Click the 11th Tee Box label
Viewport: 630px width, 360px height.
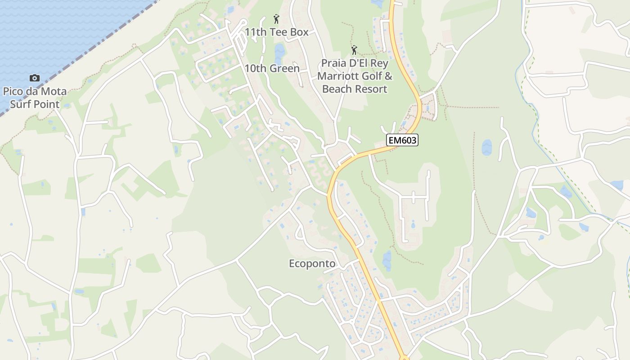tap(276, 32)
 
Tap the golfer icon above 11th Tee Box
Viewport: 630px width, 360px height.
tap(276, 19)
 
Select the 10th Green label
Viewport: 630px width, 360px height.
tap(272, 68)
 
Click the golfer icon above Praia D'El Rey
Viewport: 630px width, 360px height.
tap(354, 50)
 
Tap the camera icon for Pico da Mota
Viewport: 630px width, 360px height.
tap(35, 78)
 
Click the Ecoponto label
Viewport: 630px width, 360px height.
tap(312, 264)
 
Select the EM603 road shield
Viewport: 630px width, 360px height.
tap(402, 140)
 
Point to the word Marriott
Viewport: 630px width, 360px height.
tap(341, 76)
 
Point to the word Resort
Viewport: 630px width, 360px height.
tap(371, 89)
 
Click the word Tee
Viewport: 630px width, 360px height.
tap(281, 32)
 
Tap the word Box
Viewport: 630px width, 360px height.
tap(300, 32)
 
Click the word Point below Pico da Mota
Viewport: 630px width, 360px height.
tap(47, 104)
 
